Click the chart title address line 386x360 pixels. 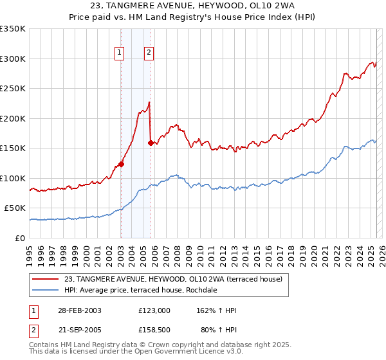[193, 6]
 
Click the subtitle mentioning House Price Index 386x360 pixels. [193, 18]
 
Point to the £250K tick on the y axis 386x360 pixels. [13, 88]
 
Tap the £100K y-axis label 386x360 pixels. [13, 178]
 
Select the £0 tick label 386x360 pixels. [19, 238]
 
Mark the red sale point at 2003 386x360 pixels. [121, 164]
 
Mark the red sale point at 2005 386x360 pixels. [151, 143]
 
